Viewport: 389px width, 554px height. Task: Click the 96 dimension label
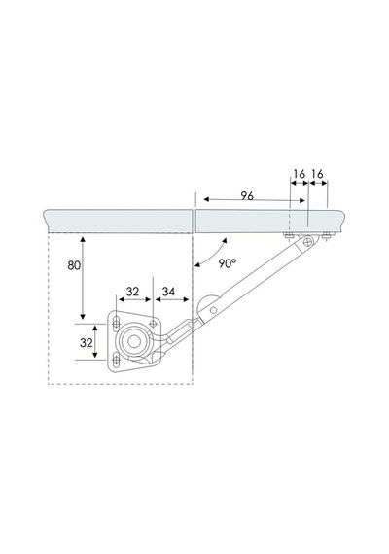tap(247, 195)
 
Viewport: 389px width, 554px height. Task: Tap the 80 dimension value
tap(74, 265)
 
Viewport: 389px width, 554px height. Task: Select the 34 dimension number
tap(168, 292)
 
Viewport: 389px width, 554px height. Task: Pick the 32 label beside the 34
tap(132, 292)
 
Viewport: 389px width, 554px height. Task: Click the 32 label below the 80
tap(87, 343)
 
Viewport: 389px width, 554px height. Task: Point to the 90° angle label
tap(227, 263)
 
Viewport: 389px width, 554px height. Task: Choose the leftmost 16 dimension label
tap(300, 174)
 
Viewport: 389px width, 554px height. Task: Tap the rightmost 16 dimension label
tap(318, 174)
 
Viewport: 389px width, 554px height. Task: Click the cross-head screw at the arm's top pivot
tap(308, 242)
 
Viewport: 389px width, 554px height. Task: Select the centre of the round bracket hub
tap(133, 341)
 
